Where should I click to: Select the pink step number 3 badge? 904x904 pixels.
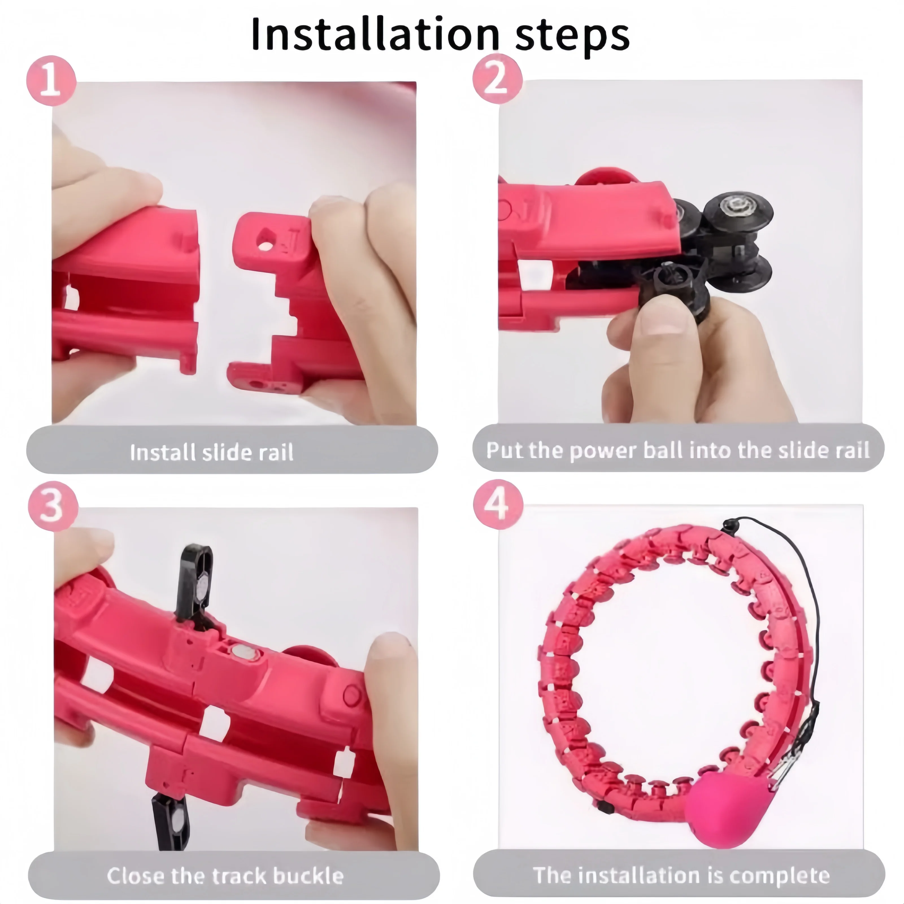click(x=53, y=506)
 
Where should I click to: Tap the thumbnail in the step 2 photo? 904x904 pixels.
click(x=665, y=321)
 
